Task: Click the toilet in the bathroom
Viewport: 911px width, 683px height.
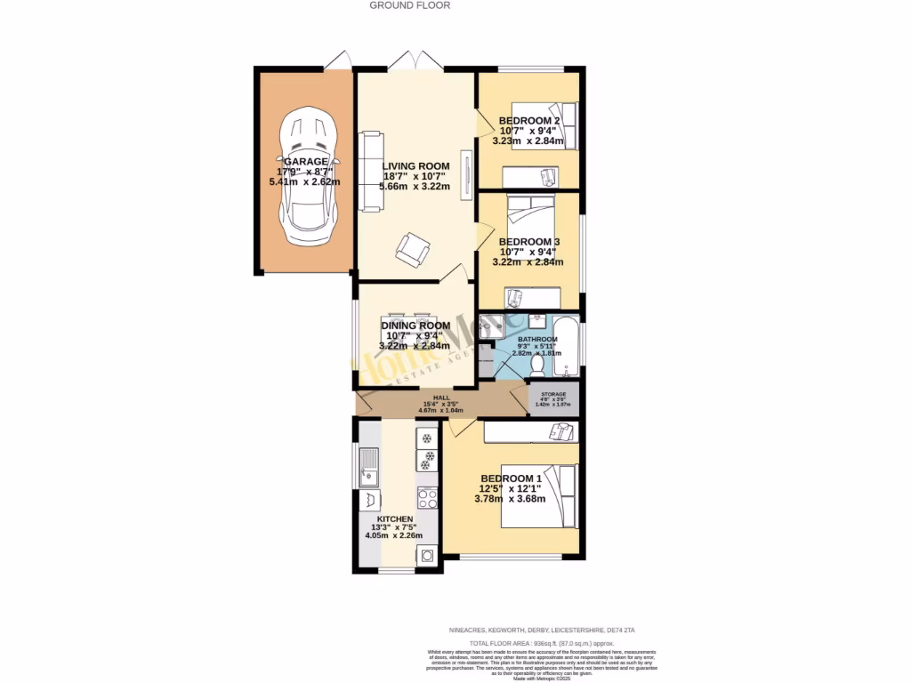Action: coord(538,363)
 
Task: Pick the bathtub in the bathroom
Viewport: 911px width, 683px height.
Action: coord(569,347)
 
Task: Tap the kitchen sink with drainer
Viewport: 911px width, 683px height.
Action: coord(369,466)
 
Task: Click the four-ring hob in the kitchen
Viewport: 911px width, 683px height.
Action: coord(427,498)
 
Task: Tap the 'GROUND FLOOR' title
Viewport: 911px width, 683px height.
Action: coord(410,5)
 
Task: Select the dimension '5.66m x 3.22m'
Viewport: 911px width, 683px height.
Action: coord(415,187)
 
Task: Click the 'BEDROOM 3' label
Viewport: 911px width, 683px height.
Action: coord(528,242)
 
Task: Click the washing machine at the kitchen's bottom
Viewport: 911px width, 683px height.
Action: coord(427,555)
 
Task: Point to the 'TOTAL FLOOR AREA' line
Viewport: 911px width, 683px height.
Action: coord(541,643)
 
